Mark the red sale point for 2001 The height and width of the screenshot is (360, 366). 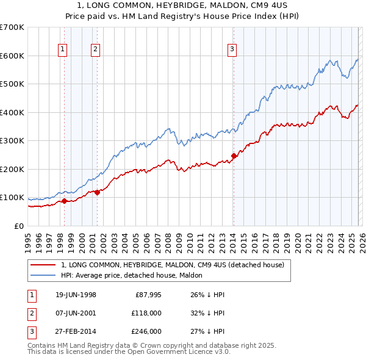coord(97,192)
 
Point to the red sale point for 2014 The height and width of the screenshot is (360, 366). coord(234,156)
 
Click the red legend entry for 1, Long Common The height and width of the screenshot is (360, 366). coord(173,265)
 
